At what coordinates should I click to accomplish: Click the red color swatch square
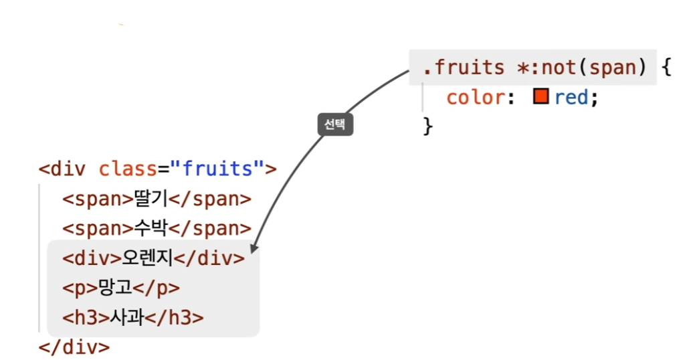click(540, 97)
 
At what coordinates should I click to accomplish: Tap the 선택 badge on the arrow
click(334, 124)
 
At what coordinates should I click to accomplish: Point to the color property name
click(475, 98)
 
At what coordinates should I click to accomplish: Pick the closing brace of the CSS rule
click(428, 125)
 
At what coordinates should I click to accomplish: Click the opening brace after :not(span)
click(665, 68)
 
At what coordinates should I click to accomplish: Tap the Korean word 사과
click(127, 318)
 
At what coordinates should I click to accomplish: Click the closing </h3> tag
click(175, 318)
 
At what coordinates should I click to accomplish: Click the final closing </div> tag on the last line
click(74, 347)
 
